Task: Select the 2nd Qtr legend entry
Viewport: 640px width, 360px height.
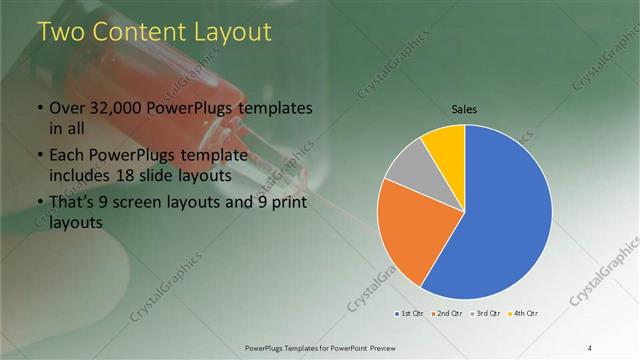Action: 446,314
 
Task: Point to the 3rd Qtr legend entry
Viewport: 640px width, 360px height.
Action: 485,314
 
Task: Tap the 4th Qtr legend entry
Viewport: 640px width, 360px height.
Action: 523,314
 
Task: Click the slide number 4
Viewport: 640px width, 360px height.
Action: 590,347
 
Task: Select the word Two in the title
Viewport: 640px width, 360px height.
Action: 58,32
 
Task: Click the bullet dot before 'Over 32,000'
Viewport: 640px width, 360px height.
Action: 39,108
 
